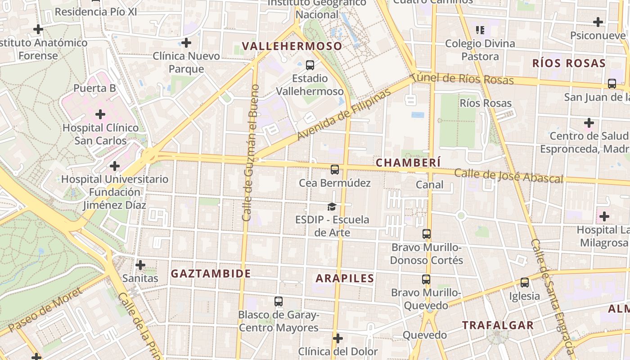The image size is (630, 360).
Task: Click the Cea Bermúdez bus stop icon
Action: coord(334,170)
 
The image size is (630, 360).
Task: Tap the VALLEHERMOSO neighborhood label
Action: coord(292,46)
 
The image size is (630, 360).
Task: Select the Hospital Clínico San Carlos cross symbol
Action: coord(100,114)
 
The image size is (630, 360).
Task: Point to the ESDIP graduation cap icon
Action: coord(332,207)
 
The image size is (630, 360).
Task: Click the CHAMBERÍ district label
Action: coord(408,162)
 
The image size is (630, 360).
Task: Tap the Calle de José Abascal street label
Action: coord(508,176)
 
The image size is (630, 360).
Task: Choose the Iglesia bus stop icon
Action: coord(524,283)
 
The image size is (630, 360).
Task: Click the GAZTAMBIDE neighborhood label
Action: coord(211,274)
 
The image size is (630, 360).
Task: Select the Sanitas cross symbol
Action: coord(140,265)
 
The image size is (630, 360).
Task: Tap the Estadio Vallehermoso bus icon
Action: coord(310,65)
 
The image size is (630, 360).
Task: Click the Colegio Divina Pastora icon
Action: coord(480,30)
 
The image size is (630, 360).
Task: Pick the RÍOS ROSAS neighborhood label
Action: coord(569,63)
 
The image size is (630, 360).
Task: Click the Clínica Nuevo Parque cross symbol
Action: coord(186,43)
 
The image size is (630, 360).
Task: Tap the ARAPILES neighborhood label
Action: coord(345,279)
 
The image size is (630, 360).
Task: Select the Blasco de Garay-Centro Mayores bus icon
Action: coord(279,301)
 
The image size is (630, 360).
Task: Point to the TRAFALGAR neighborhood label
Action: coord(498,325)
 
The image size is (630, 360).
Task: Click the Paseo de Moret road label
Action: coord(45,310)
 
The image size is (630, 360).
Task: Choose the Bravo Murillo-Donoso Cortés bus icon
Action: coord(426,234)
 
